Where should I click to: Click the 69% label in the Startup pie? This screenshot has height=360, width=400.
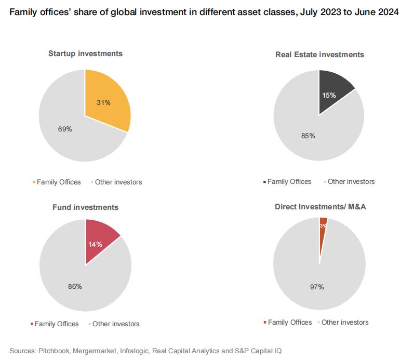pyautogui.click(x=65, y=128)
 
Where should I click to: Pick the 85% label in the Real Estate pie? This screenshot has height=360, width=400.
pyautogui.click(x=308, y=136)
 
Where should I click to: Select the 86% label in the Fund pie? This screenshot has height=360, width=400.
pyautogui.click(x=74, y=286)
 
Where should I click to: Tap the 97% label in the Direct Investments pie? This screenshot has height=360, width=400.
pyautogui.click(x=317, y=286)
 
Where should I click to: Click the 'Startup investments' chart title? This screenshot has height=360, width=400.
pyautogui.click(x=85, y=53)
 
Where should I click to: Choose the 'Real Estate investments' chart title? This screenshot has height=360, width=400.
pyautogui.click(x=319, y=54)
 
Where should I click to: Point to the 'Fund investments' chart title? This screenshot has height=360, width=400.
pyautogui.click(x=85, y=207)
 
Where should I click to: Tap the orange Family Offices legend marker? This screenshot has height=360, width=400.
pyautogui.click(x=34, y=182)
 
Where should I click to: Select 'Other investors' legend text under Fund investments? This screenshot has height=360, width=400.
pyautogui.click(x=118, y=324)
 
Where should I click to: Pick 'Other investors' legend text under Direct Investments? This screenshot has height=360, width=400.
pyautogui.click(x=345, y=322)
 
